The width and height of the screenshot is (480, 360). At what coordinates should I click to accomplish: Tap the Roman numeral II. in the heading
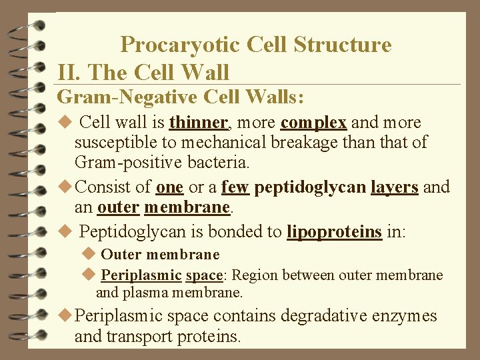(x=70, y=72)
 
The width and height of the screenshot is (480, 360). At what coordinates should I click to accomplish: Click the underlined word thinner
(x=199, y=123)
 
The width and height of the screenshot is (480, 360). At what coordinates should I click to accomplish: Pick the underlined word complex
(x=313, y=123)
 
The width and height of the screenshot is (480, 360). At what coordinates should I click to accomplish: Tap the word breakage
(x=306, y=142)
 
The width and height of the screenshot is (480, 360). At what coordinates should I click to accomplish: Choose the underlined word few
(x=235, y=187)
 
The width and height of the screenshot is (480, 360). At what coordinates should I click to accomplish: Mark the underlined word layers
(x=395, y=187)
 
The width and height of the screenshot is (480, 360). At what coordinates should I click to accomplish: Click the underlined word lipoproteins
(x=334, y=232)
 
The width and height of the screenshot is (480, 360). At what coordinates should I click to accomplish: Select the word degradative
(x=323, y=315)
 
